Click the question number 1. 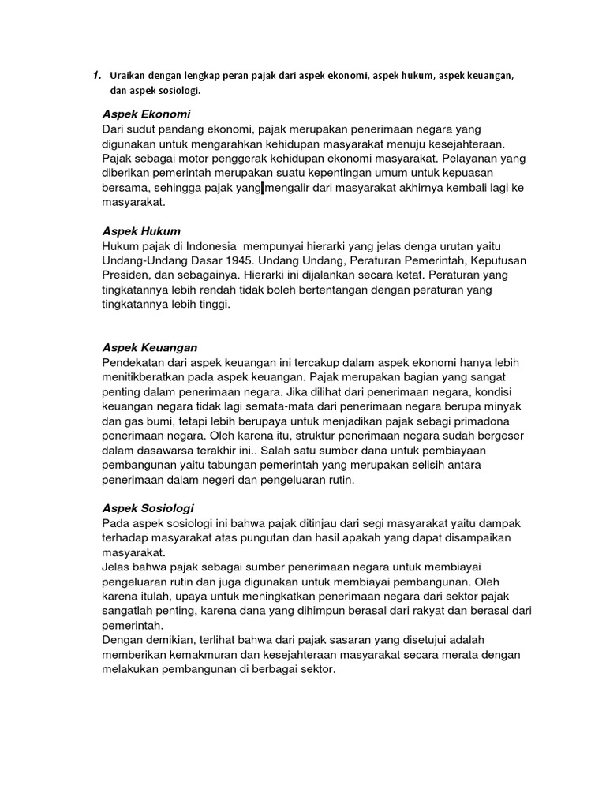[x=95, y=76]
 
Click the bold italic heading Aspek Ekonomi [x=146, y=114]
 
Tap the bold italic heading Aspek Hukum [x=141, y=231]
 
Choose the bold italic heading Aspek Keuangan [x=150, y=347]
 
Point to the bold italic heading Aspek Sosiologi [x=148, y=508]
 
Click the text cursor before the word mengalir [x=263, y=188]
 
